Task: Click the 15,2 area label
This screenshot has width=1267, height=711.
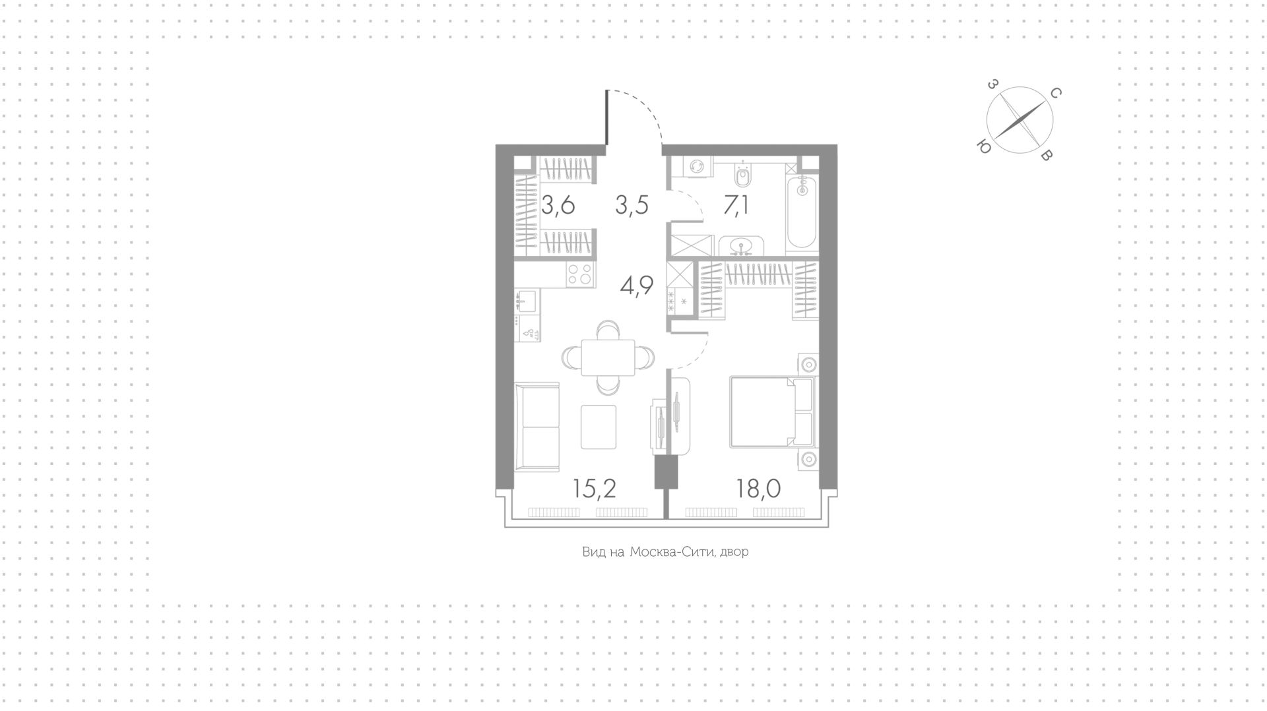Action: coord(595,489)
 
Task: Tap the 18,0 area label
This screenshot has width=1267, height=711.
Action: coord(759,489)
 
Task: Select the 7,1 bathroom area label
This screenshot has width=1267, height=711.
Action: coord(736,205)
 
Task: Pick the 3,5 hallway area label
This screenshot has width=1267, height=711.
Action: coord(632,205)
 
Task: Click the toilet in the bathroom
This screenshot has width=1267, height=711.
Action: coord(744,175)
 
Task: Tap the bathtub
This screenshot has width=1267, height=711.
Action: coord(802,211)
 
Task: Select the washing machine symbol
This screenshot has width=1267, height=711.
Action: coord(696,168)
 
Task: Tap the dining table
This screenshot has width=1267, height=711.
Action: coord(608,357)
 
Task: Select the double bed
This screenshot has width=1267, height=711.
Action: coord(773,412)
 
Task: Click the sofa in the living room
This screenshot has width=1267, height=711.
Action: coord(536,427)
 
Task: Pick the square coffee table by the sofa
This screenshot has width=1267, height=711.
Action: coord(599,427)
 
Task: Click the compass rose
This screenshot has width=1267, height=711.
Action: coord(1020,121)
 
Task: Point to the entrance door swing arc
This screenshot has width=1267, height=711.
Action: coord(643,109)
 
